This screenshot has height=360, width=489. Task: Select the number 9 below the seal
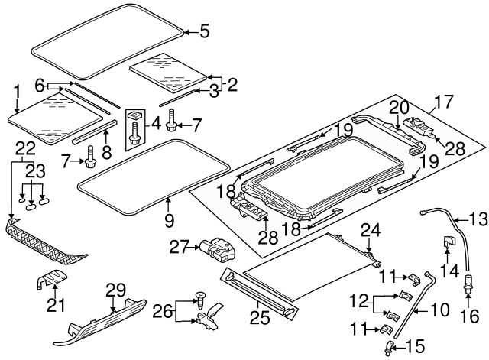pyautogui.click(x=169, y=220)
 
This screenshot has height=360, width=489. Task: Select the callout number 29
pyautogui.click(x=115, y=290)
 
